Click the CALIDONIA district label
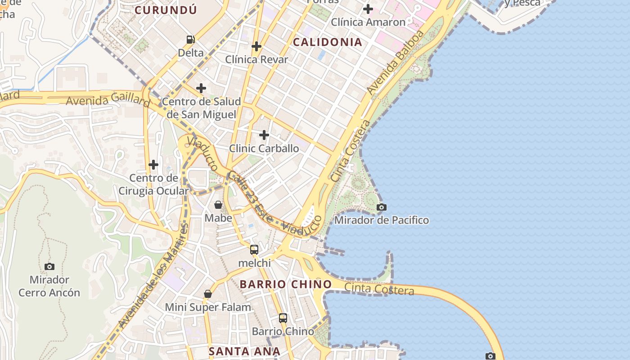tap(327, 42)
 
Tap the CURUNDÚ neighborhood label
tap(166, 10)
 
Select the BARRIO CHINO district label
tap(285, 284)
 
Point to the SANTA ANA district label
tap(244, 351)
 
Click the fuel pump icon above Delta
tap(191, 40)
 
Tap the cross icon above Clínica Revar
tap(256, 46)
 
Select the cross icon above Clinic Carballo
tap(264, 135)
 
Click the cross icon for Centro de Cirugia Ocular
tap(153, 165)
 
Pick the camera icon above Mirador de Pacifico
tap(382, 207)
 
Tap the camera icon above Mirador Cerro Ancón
tap(49, 266)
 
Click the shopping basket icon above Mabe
tap(218, 205)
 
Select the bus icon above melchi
tap(254, 250)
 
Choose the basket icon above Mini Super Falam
tap(208, 294)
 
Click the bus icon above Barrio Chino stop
tap(283, 318)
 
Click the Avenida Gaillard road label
tap(108, 100)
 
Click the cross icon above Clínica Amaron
tap(368, 9)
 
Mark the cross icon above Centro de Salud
tap(201, 88)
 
